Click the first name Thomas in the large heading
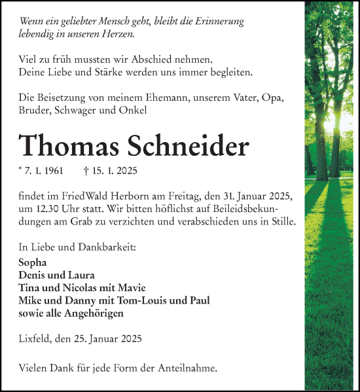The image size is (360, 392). (x=67, y=145)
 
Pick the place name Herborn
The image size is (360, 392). (x=130, y=197)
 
